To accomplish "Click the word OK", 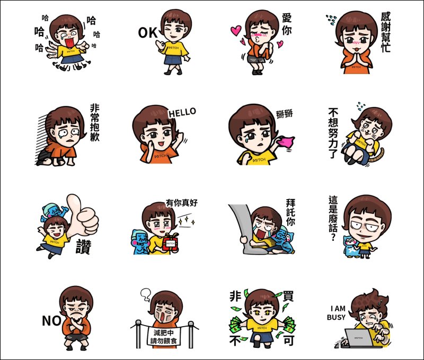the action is pyautogui.click(x=148, y=33).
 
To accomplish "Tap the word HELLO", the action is pyautogui.click(x=182, y=112).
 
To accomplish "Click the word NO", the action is pyautogui.click(x=51, y=321).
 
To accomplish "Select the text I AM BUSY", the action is pyautogui.click(x=336, y=313).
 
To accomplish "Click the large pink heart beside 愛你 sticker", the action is pyautogui.click(x=236, y=30).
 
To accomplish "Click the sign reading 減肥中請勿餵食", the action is pyautogui.click(x=164, y=336).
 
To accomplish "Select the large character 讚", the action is pyautogui.click(x=83, y=247).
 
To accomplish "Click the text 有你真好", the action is pyautogui.click(x=182, y=203).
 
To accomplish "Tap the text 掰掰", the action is pyautogui.click(x=285, y=114).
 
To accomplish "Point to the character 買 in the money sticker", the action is pyautogui.click(x=288, y=296).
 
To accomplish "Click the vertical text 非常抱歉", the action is pyautogui.click(x=95, y=123).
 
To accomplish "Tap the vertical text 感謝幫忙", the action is pyautogui.click(x=386, y=32).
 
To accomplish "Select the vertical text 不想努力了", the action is pyautogui.click(x=333, y=133).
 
